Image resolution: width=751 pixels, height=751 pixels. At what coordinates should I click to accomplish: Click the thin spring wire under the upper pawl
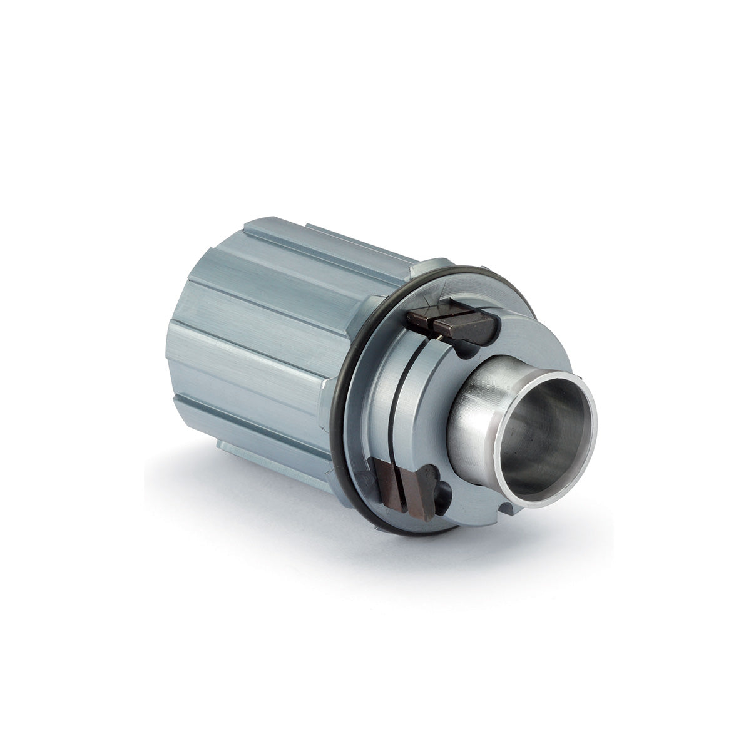pyautogui.click(x=442, y=339)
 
